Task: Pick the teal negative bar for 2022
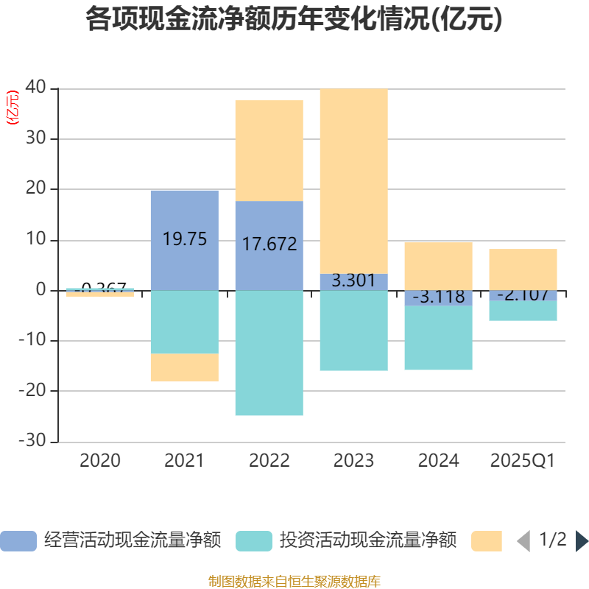(269, 353)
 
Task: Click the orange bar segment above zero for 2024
(438, 266)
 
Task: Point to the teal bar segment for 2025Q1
(523, 311)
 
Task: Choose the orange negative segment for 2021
(184, 367)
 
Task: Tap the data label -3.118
(439, 297)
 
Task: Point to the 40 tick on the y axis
(36, 88)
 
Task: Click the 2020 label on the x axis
(100, 461)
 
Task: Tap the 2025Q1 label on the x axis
(522, 461)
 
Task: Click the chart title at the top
(294, 20)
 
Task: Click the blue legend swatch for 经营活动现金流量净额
(18, 541)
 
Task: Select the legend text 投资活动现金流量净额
(367, 541)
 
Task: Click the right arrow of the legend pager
(582, 541)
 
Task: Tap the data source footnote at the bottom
(294, 581)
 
